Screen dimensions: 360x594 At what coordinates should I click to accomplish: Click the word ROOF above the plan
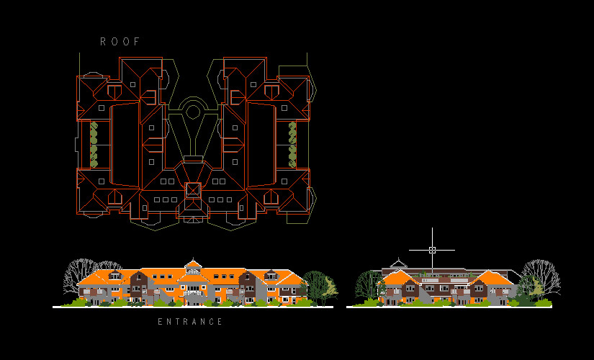coord(120,42)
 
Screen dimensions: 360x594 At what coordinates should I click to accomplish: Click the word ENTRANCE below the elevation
coord(191,322)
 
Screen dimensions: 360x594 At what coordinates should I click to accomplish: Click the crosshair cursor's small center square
coord(432,250)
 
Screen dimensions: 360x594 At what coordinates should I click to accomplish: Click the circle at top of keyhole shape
coord(192,112)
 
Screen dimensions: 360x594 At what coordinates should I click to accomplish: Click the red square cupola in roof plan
coord(193,190)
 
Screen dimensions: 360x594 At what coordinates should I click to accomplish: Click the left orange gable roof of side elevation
coord(397,278)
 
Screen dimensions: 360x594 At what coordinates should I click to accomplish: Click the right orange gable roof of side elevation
coord(492,278)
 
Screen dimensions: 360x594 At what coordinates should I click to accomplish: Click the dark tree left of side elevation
coord(368,284)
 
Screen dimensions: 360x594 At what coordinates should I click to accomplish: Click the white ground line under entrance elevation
coord(192,307)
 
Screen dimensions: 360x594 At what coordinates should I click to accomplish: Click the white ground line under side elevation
coord(454,307)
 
